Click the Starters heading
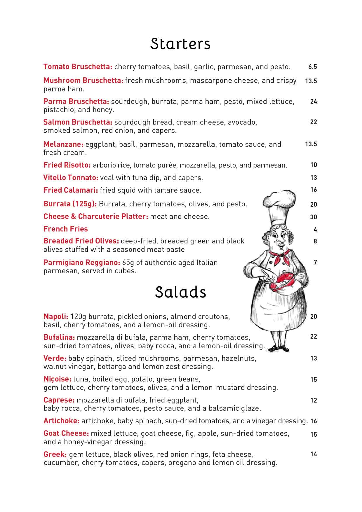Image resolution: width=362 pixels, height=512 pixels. [180, 44]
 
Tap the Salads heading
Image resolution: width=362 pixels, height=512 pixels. [180, 292]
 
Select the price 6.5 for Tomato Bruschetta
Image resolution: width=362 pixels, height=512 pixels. [312, 67]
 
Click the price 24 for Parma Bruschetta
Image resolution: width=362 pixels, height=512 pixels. [314, 102]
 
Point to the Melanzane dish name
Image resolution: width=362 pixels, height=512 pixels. [63, 144]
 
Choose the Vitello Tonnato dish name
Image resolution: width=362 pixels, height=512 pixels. [71, 178]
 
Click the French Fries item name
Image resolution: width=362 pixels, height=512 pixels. [66, 229]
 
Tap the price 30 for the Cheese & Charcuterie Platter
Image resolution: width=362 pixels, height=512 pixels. [314, 217]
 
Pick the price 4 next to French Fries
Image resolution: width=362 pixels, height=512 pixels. [315, 230]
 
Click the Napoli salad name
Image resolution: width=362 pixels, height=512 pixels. [56, 317]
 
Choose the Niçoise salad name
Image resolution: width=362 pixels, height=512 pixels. [57, 379]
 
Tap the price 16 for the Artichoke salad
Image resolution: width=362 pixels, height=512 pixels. [314, 421]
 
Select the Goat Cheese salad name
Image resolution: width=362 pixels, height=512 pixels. [66, 433]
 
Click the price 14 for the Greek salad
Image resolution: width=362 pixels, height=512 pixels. [314, 454]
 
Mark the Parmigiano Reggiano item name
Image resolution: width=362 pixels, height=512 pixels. [82, 263]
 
